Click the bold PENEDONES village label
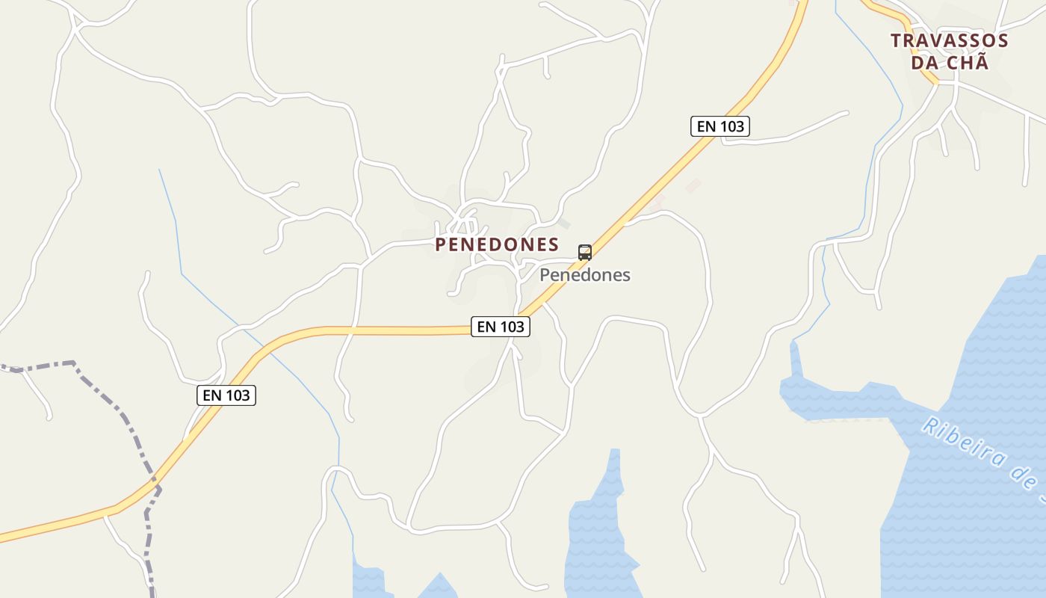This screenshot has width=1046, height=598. (497, 244)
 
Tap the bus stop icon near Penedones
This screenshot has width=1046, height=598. (584, 252)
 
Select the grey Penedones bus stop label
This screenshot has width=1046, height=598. (585, 275)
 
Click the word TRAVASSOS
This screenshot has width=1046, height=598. (949, 41)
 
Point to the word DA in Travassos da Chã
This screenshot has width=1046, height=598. (924, 63)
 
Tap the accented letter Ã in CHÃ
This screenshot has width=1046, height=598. (982, 62)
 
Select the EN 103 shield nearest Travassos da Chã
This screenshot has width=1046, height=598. (720, 126)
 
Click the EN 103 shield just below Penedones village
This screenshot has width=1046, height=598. (501, 327)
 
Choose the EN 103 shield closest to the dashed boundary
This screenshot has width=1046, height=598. (226, 395)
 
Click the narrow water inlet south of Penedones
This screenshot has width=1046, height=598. (598, 523)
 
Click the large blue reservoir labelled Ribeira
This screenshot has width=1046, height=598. (964, 508)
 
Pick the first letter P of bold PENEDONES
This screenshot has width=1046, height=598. (441, 244)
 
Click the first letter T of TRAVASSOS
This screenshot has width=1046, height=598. (896, 41)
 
